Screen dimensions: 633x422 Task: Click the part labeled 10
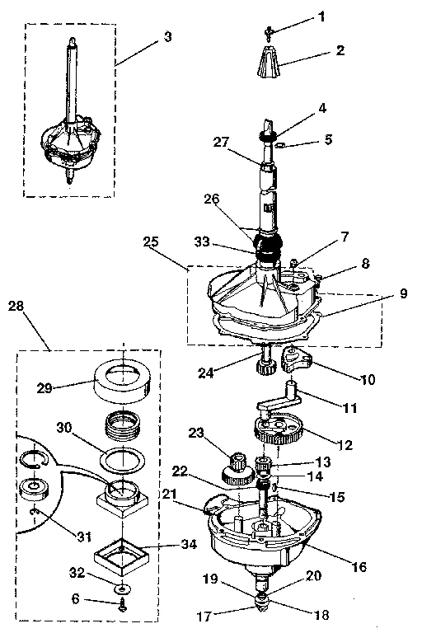tap(294, 360)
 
